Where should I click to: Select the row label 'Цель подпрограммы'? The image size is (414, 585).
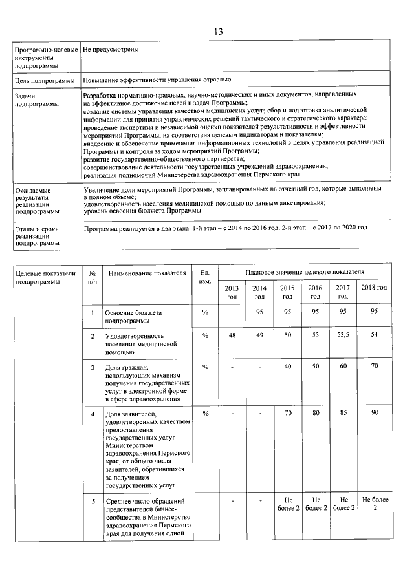coord(41,80)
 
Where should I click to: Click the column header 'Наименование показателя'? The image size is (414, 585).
coord(147,274)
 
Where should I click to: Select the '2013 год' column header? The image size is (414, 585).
coord(232,292)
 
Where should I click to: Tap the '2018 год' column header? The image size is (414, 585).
coord(374,288)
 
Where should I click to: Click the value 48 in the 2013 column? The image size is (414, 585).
coord(232,335)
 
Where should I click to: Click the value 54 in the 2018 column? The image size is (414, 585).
coord(374,335)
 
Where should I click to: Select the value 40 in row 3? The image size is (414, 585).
coord(288,367)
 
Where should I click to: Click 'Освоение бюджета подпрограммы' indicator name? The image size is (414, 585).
coord(134,316)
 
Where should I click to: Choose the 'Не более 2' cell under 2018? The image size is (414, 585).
coord(374,504)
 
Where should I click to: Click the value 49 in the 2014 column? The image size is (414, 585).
coord(259,335)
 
